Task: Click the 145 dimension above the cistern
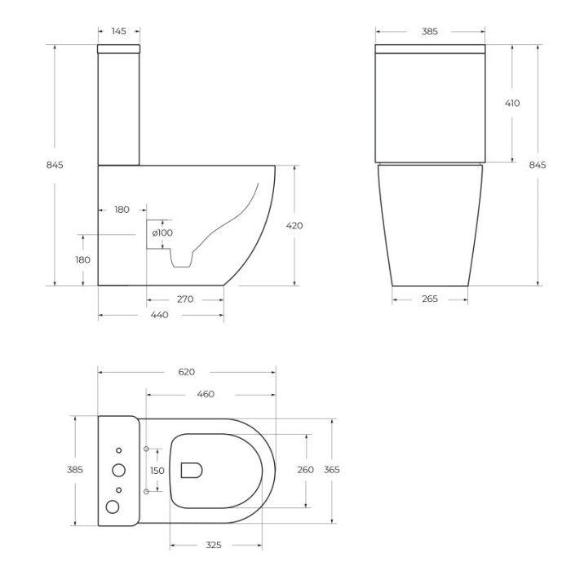[x=118, y=31]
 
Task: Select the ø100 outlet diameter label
[x=162, y=232]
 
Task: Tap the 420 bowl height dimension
[x=294, y=225]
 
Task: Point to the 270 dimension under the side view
[x=185, y=299]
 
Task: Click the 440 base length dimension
[x=159, y=315]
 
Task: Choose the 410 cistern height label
[x=511, y=103]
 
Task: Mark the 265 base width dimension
[x=430, y=299]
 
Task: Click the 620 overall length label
[x=186, y=372]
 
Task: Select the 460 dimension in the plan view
[x=206, y=394]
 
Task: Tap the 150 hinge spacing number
[x=157, y=471]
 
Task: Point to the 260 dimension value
[x=305, y=470]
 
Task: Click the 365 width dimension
[x=332, y=470]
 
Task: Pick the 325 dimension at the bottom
[x=214, y=545]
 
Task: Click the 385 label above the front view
[x=429, y=31]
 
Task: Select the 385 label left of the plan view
[x=74, y=470]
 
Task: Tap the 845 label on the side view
[x=55, y=165]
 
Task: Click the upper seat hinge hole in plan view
[x=146, y=449]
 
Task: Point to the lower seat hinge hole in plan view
[x=146, y=492]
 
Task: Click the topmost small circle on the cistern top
[x=118, y=451]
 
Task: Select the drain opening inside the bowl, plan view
[x=191, y=470]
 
